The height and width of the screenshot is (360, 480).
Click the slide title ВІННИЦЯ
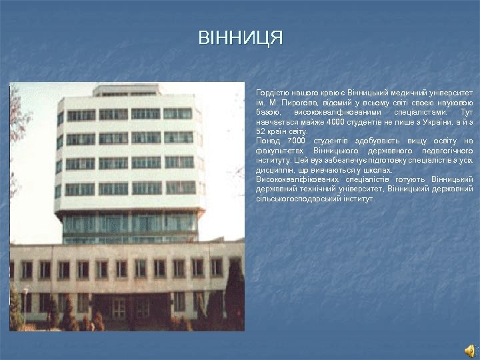point(240,37)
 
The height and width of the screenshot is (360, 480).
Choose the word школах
point(379,170)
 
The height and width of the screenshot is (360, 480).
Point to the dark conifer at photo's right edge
point(235,293)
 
